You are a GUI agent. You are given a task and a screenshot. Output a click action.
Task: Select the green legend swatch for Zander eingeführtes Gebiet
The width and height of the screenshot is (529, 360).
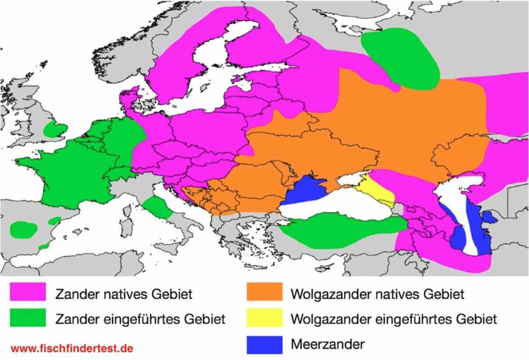tap(28, 318)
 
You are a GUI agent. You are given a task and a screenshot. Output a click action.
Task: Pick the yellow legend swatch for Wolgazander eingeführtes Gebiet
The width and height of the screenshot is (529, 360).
tap(264, 318)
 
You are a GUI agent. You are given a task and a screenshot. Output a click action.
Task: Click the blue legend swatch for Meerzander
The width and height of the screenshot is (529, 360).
tap(264, 342)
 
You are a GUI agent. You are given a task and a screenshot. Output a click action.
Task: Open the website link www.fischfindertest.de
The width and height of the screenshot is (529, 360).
tap(72, 349)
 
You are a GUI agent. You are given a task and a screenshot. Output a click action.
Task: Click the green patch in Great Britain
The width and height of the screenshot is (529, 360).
tap(54, 130)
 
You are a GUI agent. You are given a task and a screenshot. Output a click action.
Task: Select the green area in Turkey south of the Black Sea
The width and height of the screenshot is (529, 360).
tap(342, 229)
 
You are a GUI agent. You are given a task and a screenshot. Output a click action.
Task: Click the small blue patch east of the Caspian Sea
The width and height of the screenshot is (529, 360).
tap(489, 217)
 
